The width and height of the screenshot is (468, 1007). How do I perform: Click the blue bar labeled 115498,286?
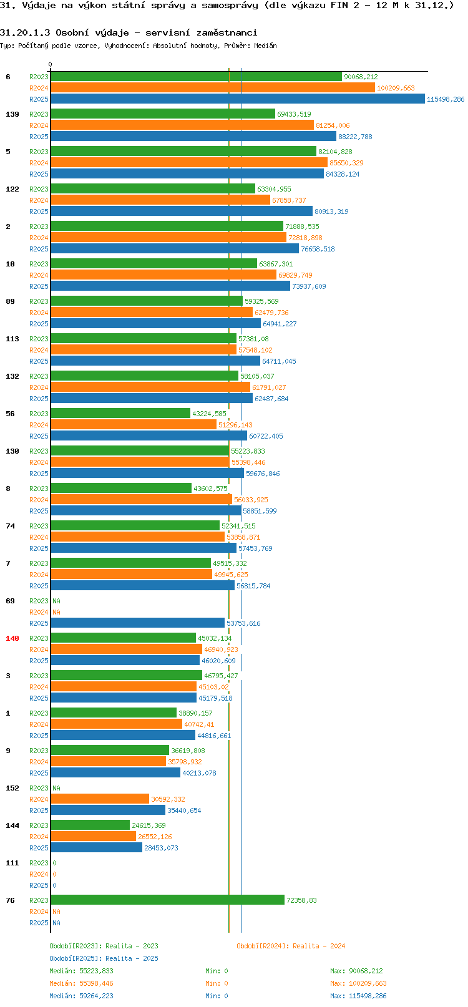pos(237,99)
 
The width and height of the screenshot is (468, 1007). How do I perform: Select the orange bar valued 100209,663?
pos(213,88)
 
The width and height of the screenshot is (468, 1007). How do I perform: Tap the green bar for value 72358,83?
pos(167,900)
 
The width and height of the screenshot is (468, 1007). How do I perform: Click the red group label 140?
pos(12,638)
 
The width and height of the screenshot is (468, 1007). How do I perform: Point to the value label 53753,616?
pos(243,623)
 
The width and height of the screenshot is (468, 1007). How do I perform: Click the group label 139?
pos(12,114)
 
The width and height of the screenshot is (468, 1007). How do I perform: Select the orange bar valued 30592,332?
pos(99,799)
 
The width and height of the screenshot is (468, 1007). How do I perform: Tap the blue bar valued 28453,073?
pos(96,847)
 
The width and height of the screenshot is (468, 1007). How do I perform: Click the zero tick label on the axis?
pos(50,64)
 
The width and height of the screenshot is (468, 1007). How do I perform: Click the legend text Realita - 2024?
pos(319,946)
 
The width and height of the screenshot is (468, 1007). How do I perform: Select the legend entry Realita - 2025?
pos(132,958)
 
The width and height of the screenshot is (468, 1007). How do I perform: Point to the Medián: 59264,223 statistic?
pos(81,996)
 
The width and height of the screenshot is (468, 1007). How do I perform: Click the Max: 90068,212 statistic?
pos(356,971)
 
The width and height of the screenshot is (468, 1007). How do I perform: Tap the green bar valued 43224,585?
pos(120,413)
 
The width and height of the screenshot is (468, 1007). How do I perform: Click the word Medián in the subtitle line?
pos(265,46)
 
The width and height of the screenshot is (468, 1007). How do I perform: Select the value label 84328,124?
pos(343,174)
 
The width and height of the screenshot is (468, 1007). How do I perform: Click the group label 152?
pos(12,788)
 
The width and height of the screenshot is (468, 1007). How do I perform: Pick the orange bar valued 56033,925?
pos(141,500)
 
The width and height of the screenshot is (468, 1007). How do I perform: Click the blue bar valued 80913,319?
pos(181,212)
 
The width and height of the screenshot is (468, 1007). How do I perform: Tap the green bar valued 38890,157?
pos(114,713)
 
